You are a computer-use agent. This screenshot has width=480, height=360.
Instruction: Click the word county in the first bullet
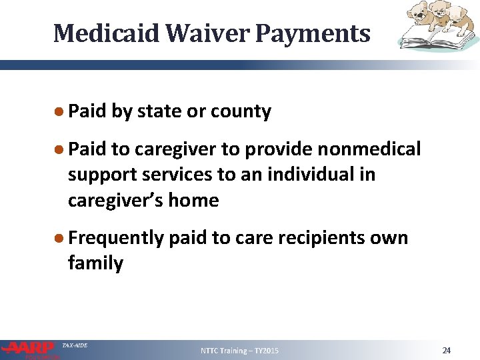tap(241, 111)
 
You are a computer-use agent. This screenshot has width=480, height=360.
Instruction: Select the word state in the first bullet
tap(160, 111)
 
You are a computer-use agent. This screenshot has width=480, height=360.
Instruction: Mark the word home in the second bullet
tap(193, 200)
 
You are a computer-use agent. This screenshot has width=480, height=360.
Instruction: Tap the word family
tap(95, 263)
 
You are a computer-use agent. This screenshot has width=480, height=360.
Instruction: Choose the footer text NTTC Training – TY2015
tap(240, 351)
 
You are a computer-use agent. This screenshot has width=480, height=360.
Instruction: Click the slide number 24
tap(446, 350)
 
